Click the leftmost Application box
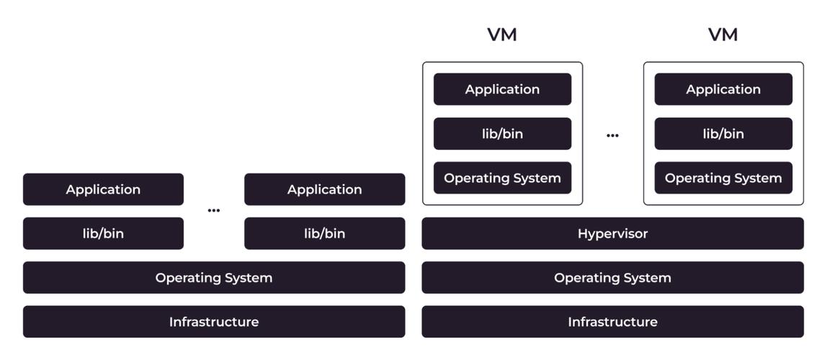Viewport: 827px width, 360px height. pyautogui.click(x=103, y=189)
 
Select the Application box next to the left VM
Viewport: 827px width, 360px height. pyautogui.click(x=324, y=189)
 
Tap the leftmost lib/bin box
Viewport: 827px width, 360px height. pyautogui.click(x=103, y=233)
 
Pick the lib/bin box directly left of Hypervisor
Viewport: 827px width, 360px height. pyautogui.click(x=324, y=233)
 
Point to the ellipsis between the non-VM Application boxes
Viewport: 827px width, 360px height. pyautogui.click(x=214, y=210)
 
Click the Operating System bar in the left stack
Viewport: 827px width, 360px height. pyautogui.click(x=214, y=277)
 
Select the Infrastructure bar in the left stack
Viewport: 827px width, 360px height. pyautogui.click(x=214, y=322)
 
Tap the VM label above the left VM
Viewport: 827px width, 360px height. pyautogui.click(x=502, y=35)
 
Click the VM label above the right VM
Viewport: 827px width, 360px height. pyautogui.click(x=723, y=35)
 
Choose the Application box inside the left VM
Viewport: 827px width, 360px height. pyautogui.click(x=502, y=89)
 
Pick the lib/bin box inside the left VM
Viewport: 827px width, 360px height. pyautogui.click(x=502, y=134)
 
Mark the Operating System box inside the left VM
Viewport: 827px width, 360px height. pyautogui.click(x=502, y=178)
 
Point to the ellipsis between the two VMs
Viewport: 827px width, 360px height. pyautogui.click(x=612, y=135)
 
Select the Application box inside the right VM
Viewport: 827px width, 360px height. pyautogui.click(x=723, y=89)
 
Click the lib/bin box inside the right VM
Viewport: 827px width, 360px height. pyautogui.click(x=723, y=134)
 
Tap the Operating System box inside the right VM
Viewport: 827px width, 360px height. pyautogui.click(x=723, y=178)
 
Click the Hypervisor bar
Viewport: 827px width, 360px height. pyautogui.click(x=612, y=233)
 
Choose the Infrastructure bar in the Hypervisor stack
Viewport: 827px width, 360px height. pyautogui.click(x=612, y=322)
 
